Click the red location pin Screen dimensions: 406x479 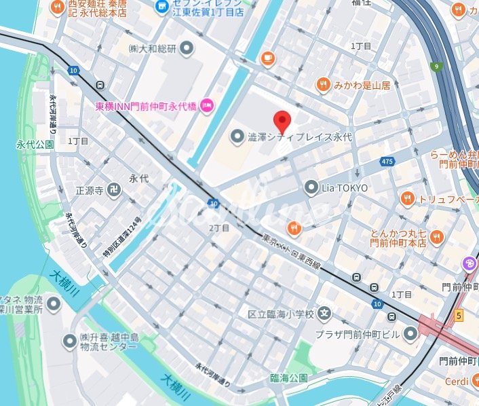pos(282,122)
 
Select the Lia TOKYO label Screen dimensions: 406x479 pos(345,187)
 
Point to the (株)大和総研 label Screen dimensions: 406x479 pos(152,48)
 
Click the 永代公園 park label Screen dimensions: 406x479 pos(35,145)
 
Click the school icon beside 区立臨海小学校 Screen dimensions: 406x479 pos(326,314)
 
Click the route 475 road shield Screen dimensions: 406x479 pos(387,162)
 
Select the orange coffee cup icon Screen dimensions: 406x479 pos(269,58)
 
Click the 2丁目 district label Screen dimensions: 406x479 pos(219,227)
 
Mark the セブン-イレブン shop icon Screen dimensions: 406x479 pos(161,7)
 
